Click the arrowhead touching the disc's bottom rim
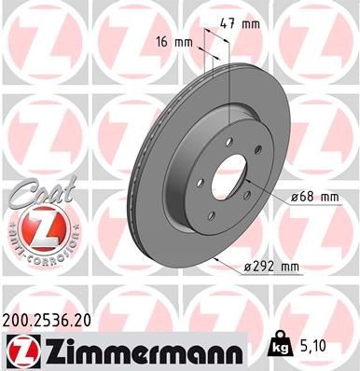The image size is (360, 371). point(212,255)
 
